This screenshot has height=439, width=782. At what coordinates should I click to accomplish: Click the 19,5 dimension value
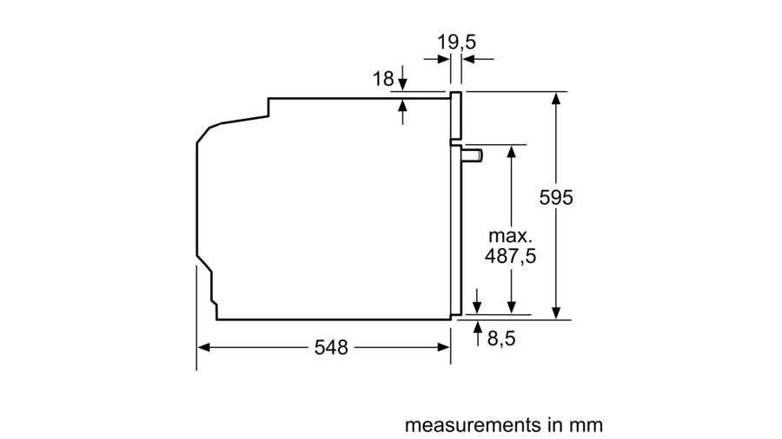(x=456, y=43)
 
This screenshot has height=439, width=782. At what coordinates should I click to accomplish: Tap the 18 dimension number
(x=383, y=79)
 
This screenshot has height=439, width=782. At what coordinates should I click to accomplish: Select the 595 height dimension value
(x=556, y=198)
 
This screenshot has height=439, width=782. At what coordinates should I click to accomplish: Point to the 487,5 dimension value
(x=510, y=256)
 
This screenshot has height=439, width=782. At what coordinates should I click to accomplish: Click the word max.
(x=510, y=235)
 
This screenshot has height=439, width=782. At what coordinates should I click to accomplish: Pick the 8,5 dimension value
(x=501, y=338)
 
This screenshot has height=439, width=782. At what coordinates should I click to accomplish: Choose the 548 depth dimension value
(x=331, y=347)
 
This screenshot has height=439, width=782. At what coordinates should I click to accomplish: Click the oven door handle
(x=472, y=155)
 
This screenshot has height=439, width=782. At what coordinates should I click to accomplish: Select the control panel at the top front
(x=456, y=115)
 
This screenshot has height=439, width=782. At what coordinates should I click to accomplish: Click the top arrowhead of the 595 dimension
(x=556, y=98)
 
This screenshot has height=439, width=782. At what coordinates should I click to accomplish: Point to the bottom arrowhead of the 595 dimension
(x=556, y=313)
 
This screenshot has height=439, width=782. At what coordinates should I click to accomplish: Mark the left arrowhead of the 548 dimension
(x=203, y=347)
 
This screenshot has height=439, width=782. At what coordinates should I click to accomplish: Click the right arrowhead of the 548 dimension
(x=444, y=347)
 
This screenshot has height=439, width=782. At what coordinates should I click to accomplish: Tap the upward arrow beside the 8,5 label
(x=478, y=333)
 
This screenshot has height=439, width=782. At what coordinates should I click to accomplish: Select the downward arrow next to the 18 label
(x=403, y=77)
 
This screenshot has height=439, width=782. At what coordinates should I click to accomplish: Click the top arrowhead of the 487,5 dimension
(x=511, y=151)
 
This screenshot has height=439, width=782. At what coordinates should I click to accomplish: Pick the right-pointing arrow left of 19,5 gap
(x=437, y=59)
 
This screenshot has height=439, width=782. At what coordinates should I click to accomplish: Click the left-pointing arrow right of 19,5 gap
(x=478, y=59)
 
